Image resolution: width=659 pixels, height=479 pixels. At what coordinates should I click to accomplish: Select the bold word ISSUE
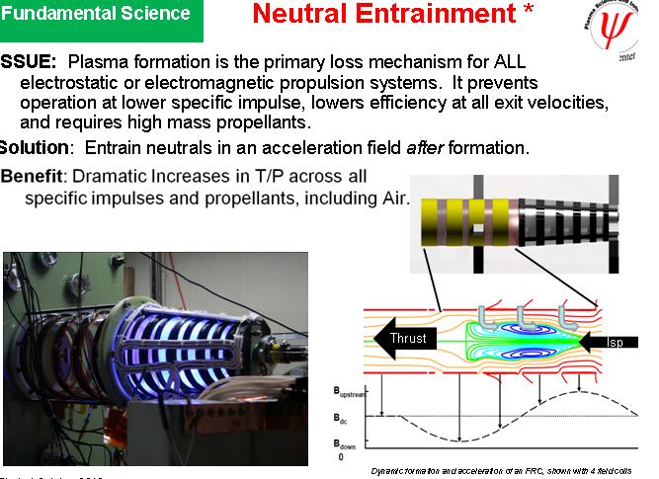pyautogui.click(x=30, y=61)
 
